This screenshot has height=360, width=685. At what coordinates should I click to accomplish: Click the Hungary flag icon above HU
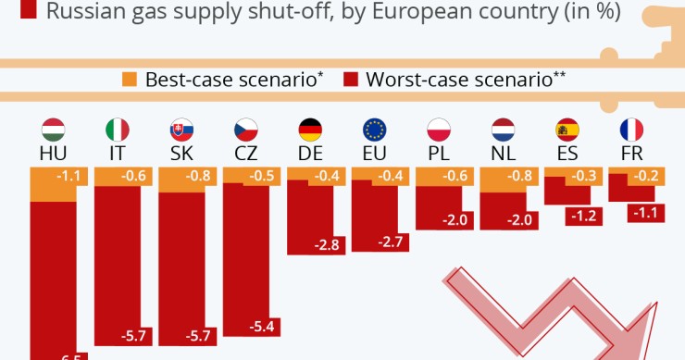coord(54,130)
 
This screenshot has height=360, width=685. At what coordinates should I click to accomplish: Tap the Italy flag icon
coord(118,130)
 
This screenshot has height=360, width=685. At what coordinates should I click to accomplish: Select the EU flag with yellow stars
coord(374,130)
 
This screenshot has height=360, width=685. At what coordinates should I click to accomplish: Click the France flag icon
coord(631,130)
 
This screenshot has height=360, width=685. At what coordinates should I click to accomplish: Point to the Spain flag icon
coord(567,130)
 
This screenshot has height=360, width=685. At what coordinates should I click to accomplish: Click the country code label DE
coord(310,153)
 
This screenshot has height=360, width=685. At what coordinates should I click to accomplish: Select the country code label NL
coord(503,153)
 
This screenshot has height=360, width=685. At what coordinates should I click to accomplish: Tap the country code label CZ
coord(245,153)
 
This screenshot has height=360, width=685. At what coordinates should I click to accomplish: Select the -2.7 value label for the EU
coord(391,242)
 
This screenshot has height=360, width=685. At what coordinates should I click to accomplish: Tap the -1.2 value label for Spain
coord(583,215)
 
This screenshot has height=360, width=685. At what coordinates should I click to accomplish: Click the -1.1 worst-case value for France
coord(647,213)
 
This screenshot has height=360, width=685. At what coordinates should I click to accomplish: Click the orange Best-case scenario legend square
coord(130,80)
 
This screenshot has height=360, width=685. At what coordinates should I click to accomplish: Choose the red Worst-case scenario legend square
coord(351,80)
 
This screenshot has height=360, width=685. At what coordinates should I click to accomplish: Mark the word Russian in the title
coord(88,12)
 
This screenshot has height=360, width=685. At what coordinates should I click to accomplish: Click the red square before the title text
coord(28,11)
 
